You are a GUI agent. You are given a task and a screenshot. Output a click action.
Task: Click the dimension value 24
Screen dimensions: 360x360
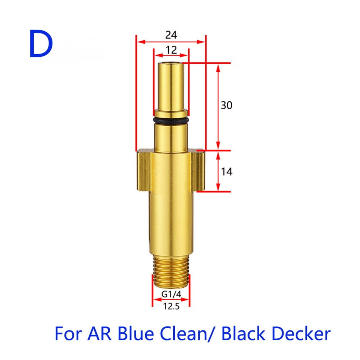click(171, 35)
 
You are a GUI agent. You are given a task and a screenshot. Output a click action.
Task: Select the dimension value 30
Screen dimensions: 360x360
click(227, 105)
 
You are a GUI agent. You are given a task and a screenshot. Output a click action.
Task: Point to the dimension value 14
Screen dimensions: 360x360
click(227, 172)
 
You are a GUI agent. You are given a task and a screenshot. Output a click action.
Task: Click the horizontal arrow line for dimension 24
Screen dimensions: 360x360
click(171, 42)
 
